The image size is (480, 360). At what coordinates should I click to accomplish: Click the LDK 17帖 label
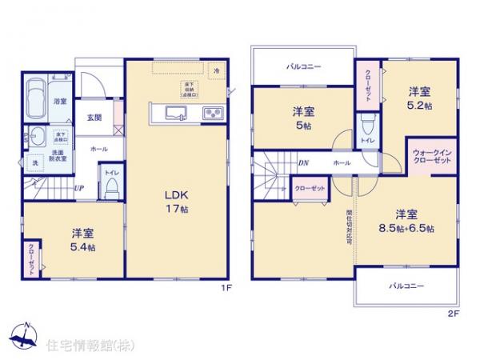point(176,201)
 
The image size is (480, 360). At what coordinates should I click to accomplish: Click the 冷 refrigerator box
point(216,71)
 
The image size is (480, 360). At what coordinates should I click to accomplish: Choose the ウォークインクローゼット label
point(432,156)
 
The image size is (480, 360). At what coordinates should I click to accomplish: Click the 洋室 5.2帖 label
point(420,97)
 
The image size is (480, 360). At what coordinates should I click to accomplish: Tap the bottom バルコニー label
point(406,286)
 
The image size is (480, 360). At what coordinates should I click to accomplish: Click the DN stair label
point(304,163)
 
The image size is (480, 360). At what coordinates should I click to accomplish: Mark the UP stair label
point(78,188)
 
